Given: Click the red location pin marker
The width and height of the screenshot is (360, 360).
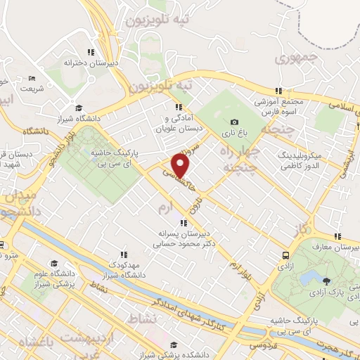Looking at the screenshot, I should tap(181, 166).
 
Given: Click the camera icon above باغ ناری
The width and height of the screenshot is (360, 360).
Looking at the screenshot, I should tap(234, 122).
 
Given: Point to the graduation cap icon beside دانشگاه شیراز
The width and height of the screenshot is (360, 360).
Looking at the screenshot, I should tap(79, 108).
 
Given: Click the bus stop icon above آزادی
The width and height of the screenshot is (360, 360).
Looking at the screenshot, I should tap(285, 257).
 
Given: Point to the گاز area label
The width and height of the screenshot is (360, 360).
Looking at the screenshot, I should tap(304, 229).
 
